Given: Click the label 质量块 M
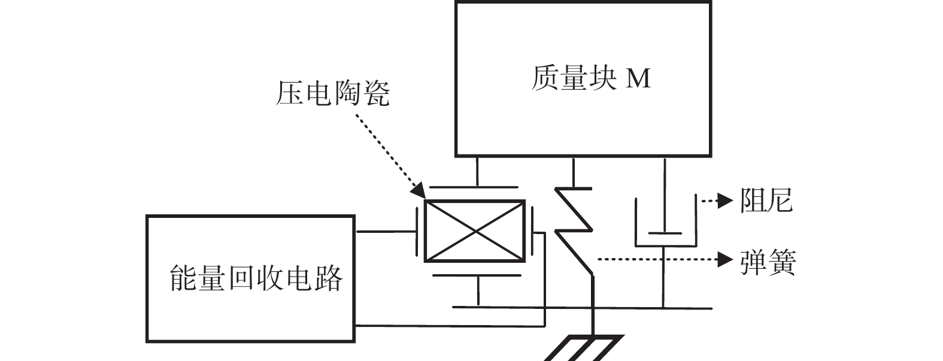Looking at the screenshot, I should (590, 78).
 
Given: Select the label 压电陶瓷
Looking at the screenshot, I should (332, 94).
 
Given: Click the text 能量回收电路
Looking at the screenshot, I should (256, 279).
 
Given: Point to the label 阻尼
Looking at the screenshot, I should (766, 200).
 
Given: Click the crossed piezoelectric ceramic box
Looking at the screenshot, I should (475, 231).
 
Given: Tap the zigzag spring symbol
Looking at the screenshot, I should (573, 227).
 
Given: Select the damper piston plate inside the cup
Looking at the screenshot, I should (665, 232).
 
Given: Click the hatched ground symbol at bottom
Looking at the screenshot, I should (587, 348).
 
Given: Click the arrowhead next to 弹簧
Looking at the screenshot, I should (726, 260).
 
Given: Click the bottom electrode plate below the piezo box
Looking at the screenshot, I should (477, 276).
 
